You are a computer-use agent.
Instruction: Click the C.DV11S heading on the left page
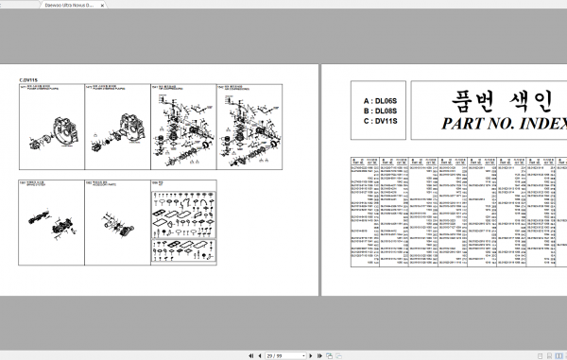(29, 80)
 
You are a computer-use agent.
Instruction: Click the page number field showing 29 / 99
(276, 355)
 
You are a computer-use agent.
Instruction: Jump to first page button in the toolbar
(249, 355)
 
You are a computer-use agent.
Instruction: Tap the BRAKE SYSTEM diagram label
(37, 184)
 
